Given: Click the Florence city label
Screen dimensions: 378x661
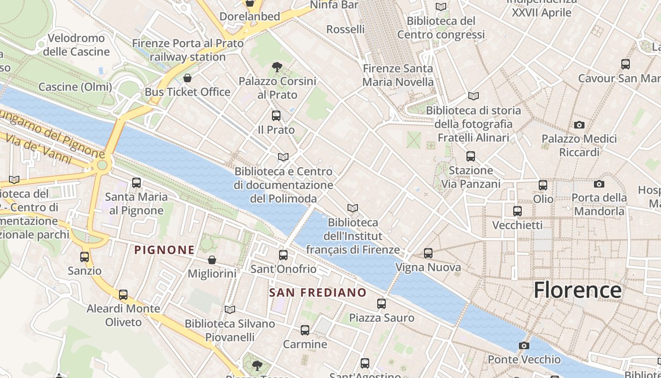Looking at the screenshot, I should pos(577,290).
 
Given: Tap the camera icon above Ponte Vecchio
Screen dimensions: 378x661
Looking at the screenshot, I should pos(524,345).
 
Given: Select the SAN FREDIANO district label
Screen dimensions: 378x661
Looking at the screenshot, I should pos(318,292).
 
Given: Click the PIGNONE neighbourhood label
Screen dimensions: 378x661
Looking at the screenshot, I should pos(164,250).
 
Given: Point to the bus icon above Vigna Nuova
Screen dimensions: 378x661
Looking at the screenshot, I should pos(428,253).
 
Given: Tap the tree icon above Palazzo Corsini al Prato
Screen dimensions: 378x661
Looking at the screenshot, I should pos(277,67).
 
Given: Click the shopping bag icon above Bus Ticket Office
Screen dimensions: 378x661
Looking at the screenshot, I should pos(187,78).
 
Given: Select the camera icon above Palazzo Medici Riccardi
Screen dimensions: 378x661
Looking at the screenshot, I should pos(579,125).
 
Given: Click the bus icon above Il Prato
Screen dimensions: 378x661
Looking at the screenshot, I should pos(276,115).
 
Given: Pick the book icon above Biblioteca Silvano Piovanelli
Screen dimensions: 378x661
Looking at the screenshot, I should pos(230,309).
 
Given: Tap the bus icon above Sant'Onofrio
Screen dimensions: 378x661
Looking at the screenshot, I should pos(283,255).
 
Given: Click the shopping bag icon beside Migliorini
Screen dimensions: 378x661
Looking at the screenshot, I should pos(212,260).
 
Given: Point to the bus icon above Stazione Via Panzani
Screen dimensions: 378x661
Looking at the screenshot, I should pos(470,156).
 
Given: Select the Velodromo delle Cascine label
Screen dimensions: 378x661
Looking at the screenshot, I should pos(76,45).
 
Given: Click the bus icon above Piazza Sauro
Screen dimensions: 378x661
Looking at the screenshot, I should pos(381,304).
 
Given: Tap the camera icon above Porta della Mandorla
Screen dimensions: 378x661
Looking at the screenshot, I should pos(599,184).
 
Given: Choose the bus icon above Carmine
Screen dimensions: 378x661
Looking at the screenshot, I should pos(305,330).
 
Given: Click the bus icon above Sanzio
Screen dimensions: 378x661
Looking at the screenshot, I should pos(85,257).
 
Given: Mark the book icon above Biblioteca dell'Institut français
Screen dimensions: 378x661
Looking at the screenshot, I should pos(352,208).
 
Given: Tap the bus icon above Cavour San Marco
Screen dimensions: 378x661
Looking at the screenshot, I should pos(626,64).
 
